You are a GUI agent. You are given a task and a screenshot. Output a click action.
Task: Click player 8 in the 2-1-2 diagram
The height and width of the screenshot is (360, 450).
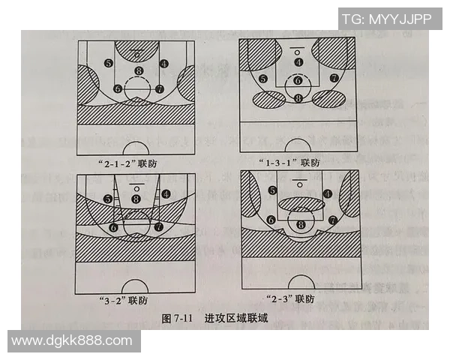pyautogui.click(x=138, y=72)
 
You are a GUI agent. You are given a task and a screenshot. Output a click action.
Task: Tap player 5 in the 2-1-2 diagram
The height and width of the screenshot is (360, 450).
pyautogui.click(x=109, y=64)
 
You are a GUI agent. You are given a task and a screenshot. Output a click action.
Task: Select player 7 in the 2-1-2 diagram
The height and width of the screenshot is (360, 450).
pyautogui.click(x=160, y=88)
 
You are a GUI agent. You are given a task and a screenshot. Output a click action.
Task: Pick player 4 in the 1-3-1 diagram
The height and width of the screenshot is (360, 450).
pyautogui.click(x=299, y=62)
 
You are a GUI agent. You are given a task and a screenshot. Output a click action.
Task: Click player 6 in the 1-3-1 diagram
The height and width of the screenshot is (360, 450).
pyautogui.click(x=298, y=80)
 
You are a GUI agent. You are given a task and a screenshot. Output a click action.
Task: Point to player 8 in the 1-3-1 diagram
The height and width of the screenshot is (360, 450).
pyautogui.click(x=298, y=97)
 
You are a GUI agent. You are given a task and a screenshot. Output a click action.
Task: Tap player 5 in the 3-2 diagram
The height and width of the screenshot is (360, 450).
pyautogui.click(x=109, y=199)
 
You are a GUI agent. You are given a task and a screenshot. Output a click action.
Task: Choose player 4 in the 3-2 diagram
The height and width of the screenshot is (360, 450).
pyautogui.click(x=163, y=193)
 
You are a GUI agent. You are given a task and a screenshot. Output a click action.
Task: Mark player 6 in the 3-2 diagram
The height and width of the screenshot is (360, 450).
pyautogui.click(x=114, y=226)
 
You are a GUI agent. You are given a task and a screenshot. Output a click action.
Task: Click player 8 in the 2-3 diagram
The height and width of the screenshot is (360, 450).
pyautogui.click(x=300, y=224)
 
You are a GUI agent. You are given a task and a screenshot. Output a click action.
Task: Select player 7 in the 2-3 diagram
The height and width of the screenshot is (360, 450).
pyautogui.click(x=331, y=220)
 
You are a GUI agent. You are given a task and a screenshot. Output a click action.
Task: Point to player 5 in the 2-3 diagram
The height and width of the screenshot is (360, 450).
pyautogui.click(x=272, y=191)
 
